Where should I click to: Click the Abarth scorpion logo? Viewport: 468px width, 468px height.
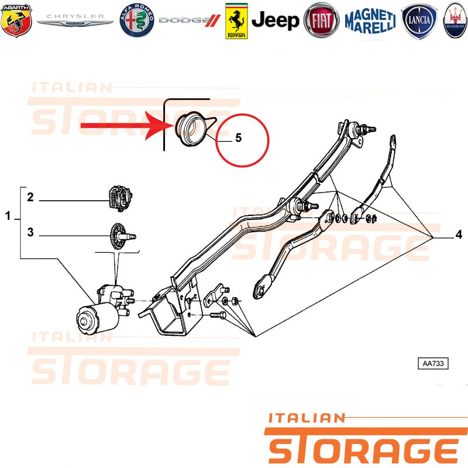pyautogui.click(x=16, y=20)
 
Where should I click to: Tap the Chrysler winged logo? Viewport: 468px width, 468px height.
pyautogui.click(x=75, y=20)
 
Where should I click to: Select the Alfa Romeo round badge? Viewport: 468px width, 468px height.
pyautogui.click(x=137, y=20)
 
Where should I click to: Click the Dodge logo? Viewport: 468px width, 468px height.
pyautogui.click(x=190, y=20)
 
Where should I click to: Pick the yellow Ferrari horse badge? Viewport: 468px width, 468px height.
pyautogui.click(x=236, y=21)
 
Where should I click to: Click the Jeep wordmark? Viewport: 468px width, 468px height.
pyautogui.click(x=275, y=20)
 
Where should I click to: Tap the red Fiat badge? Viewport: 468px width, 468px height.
pyautogui.click(x=321, y=20)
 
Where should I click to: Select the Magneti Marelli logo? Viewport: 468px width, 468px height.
pyautogui.click(x=370, y=21)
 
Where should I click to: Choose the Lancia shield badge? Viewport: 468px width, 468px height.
pyautogui.click(x=419, y=21)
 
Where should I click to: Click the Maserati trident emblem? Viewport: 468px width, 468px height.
pyautogui.click(x=456, y=20)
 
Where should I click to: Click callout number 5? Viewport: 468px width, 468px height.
pyautogui.click(x=238, y=137)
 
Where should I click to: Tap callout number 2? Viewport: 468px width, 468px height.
pyautogui.click(x=30, y=197)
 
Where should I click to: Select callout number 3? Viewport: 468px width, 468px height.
pyautogui.click(x=30, y=232)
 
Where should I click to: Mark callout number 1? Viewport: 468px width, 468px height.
pyautogui.click(x=8, y=216)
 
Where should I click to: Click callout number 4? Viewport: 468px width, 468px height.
pyautogui.click(x=459, y=235)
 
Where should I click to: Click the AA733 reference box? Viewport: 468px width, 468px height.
pyautogui.click(x=433, y=363)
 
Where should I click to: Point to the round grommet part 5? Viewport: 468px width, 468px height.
pyautogui.click(x=191, y=129)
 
